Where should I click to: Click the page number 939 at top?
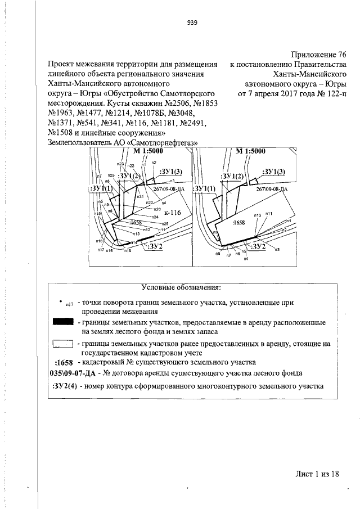(x=191, y=23)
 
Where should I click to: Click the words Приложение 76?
(x=314, y=55)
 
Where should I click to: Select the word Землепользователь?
(x=85, y=143)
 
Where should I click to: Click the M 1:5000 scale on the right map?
(x=250, y=151)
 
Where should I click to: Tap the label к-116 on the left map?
(x=172, y=213)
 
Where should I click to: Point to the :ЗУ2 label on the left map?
(x=154, y=246)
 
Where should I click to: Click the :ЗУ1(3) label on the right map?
(x=274, y=172)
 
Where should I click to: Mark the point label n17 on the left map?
(x=100, y=250)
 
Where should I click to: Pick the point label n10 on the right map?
(x=258, y=215)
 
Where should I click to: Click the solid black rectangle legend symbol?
(x=63, y=322)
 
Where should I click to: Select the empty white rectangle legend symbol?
(x=63, y=343)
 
